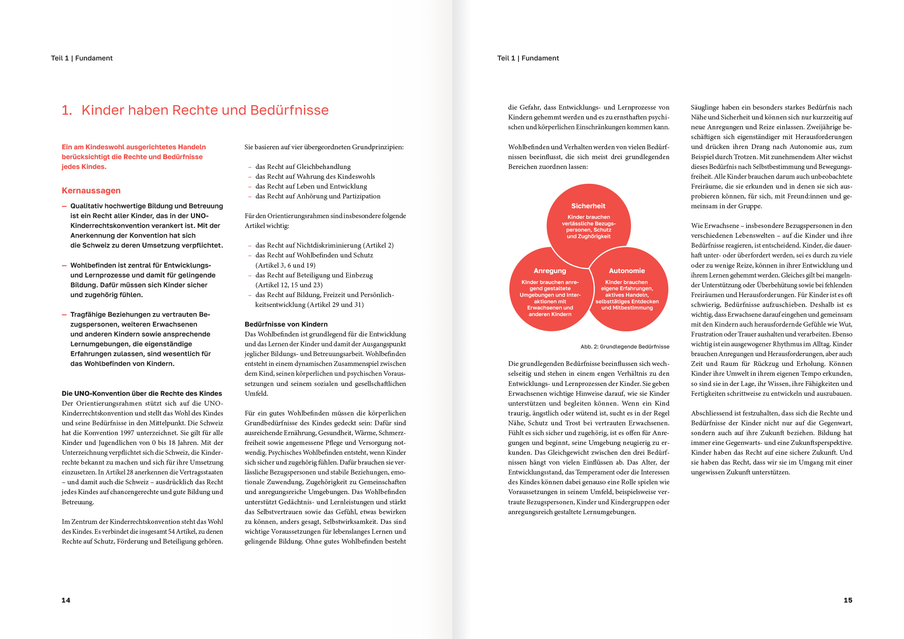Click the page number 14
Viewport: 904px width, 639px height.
[x=66, y=600]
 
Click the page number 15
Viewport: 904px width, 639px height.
[x=848, y=600]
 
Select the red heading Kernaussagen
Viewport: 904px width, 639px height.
[x=91, y=190]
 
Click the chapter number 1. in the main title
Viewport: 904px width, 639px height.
[x=67, y=110]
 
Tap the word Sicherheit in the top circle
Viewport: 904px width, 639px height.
[x=588, y=206]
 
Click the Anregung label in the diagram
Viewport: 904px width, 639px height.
[x=549, y=271]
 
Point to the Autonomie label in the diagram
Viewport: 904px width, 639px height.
[x=627, y=271]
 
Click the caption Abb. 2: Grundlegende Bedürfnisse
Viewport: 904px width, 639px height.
[x=625, y=347]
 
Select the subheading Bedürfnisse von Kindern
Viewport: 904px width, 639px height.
[x=286, y=324]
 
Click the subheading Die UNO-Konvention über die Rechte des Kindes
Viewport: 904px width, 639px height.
[x=142, y=394]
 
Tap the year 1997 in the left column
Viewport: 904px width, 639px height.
[x=127, y=433]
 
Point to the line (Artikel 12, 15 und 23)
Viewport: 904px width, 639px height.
[x=289, y=285]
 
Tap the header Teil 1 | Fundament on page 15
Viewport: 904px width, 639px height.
[x=528, y=58]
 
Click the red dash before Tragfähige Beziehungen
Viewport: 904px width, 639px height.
[x=64, y=314]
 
